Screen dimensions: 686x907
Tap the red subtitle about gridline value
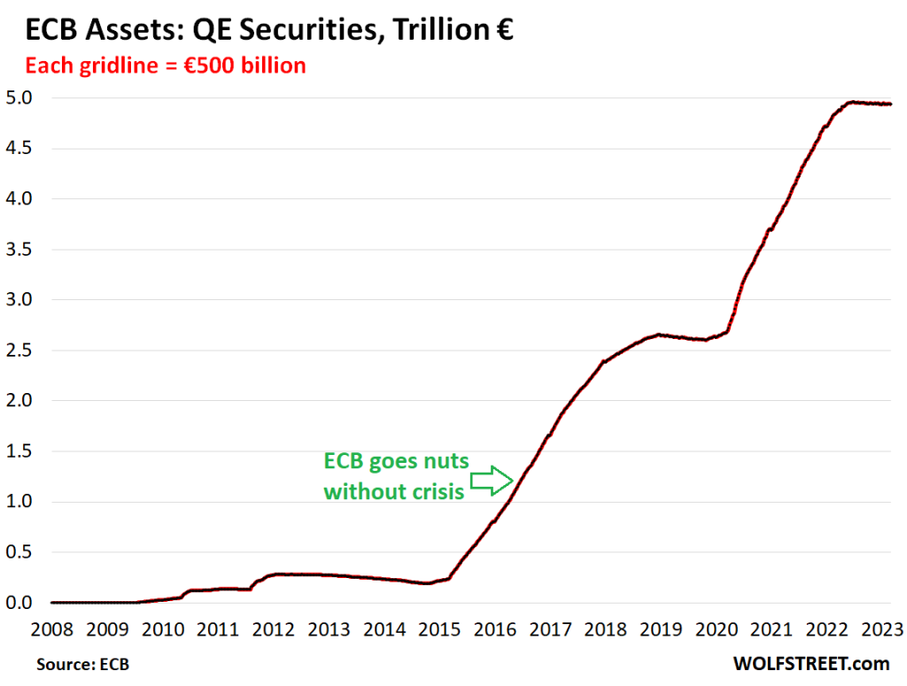tap(165, 66)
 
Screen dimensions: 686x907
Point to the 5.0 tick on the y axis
tap(20, 97)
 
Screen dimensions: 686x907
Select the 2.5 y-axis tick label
tap(20, 350)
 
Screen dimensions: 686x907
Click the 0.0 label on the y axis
tap(20, 603)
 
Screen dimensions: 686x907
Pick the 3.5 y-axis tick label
tap(20, 249)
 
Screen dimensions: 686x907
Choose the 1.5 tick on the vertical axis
tap(20, 451)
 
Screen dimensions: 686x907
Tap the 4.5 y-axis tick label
tap(20, 148)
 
